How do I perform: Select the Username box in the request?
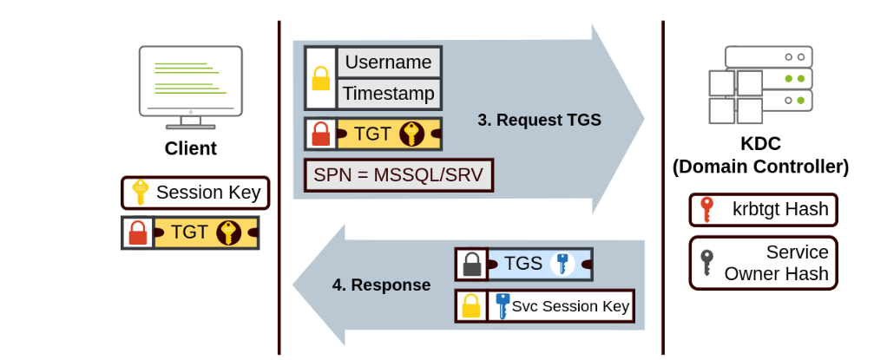[388, 62]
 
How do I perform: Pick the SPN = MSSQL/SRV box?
[399, 175]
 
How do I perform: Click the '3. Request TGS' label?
[539, 120]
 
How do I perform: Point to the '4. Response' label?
[381, 285]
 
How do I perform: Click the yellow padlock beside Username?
[321, 79]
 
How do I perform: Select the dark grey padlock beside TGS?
[471, 265]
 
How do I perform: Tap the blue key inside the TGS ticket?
[563, 264]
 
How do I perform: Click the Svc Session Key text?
[570, 306]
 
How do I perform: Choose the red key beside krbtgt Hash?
[707, 209]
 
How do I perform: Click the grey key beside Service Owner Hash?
[707, 261]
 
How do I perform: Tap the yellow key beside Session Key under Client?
[139, 193]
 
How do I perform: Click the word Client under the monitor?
[190, 148]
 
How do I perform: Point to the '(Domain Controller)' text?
[760, 167]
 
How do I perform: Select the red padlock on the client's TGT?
[138, 232]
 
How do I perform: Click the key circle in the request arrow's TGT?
[411, 134]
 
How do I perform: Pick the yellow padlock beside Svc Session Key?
[471, 306]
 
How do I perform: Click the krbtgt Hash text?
[780, 209]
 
